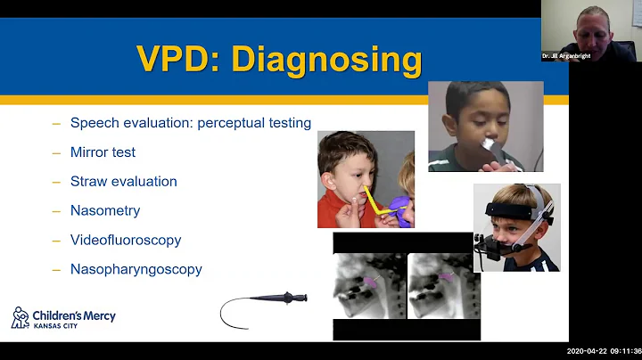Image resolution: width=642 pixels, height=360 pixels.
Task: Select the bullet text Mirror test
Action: click(103, 152)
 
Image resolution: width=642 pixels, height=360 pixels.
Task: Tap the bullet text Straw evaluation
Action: click(123, 182)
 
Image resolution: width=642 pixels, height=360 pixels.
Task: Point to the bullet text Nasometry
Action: click(105, 211)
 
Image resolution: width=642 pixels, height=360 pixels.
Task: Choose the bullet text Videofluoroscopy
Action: click(126, 240)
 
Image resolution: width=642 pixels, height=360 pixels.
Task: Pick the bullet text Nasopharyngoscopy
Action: click(136, 269)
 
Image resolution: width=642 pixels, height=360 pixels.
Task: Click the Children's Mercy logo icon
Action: click(20, 317)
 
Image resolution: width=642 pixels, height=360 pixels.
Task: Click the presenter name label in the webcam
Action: click(566, 56)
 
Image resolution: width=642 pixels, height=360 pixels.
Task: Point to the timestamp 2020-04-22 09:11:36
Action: click(604, 350)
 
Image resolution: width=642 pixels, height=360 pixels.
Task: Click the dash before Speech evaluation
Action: click(56, 123)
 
